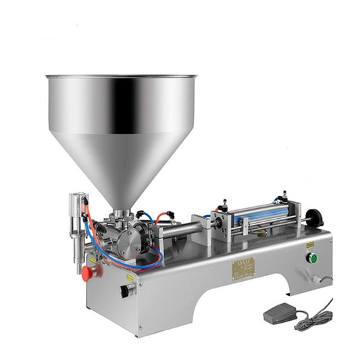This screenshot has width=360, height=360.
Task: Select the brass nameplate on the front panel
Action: tap(243, 267)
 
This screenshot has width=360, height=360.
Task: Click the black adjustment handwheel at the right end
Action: tap(313, 217)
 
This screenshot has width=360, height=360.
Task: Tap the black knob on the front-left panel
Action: tap(125, 291)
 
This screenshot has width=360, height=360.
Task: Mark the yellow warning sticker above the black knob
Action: tap(128, 278)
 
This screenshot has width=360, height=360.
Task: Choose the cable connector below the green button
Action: tap(316, 278)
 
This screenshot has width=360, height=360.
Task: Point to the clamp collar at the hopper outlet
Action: tap(122, 214)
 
